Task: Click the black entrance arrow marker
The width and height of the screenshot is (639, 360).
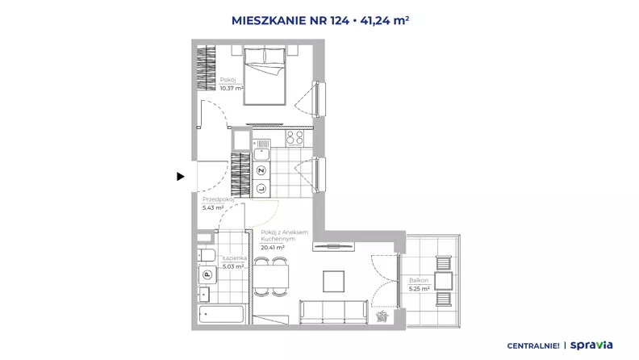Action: click(181, 177)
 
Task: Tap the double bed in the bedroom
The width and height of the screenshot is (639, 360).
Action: click(265, 75)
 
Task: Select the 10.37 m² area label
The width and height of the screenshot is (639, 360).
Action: click(232, 88)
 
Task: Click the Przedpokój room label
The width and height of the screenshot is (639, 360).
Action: click(219, 199)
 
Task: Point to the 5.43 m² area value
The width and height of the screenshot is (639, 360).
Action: click(213, 207)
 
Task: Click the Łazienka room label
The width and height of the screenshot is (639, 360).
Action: click(235, 258)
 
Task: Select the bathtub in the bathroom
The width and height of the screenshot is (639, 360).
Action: click(221, 315)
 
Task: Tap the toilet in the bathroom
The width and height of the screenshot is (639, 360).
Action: click(207, 255)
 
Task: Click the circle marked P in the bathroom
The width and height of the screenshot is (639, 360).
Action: click(207, 274)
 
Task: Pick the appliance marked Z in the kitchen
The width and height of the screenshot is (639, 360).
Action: click(261, 170)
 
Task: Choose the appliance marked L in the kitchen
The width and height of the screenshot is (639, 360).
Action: click(261, 188)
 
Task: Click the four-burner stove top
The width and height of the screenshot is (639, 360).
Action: click(294, 138)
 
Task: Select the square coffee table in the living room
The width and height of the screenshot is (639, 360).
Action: click(334, 282)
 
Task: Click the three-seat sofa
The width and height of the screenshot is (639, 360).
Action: click(334, 312)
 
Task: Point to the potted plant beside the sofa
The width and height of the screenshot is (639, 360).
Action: click(382, 316)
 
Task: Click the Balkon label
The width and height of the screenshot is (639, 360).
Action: click(419, 281)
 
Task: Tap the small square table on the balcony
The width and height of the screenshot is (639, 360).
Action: click(444, 281)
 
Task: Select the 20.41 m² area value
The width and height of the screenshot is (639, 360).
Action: click(273, 248)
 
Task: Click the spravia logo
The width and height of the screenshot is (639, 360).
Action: click(591, 345)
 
